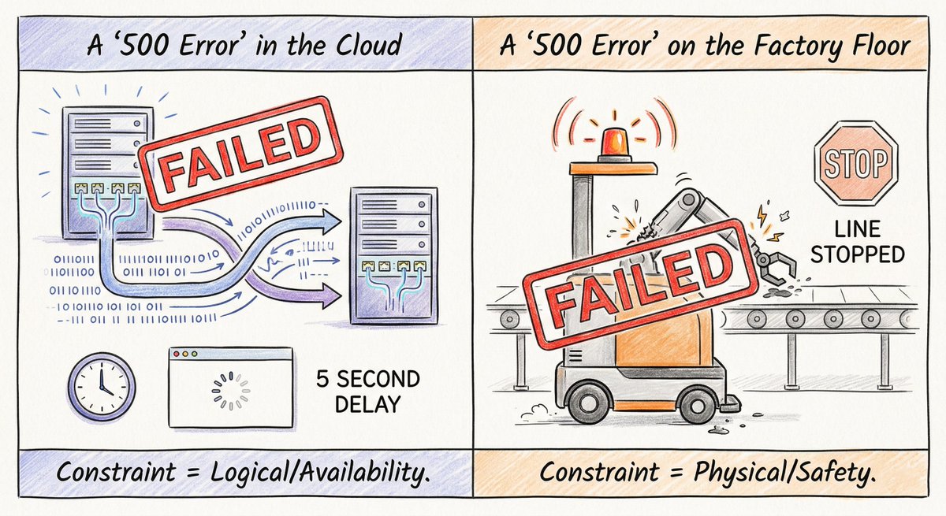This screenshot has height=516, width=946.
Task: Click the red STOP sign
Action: click(855, 163)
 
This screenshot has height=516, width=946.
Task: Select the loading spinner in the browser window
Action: click(230, 391)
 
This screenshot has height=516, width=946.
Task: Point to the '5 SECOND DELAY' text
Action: click(368, 392)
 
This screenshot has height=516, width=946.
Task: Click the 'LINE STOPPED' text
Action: click(858, 242)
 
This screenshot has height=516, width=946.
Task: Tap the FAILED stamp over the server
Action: click(241, 153)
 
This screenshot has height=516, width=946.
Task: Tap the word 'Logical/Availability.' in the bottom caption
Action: click(320, 473)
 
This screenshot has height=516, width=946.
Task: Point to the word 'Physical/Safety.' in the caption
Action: click(784, 473)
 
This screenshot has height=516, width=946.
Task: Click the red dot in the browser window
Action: click(177, 354)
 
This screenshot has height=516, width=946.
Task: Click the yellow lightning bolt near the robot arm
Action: click(762, 215)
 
